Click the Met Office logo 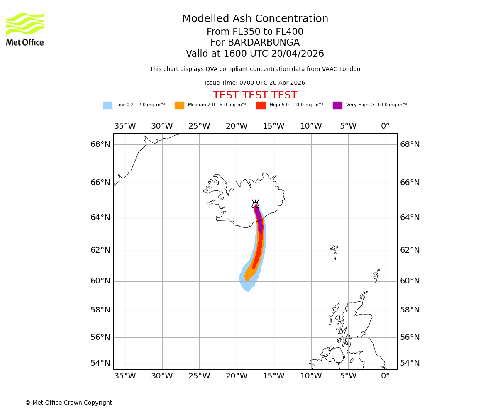tap(25, 29)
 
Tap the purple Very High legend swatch tap(337, 105)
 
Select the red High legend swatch tap(261, 105)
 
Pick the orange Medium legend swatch tap(179, 105)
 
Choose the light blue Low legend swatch tap(107, 105)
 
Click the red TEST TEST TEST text tap(255, 95)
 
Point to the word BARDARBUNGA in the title tap(264, 43)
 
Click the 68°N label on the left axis tap(100, 144)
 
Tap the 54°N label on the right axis tap(410, 363)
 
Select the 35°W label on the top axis tap(125, 126)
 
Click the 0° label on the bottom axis tap(385, 376)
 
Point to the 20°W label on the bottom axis tap(237, 376)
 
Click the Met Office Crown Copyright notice tap(68, 403)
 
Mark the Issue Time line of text tap(255, 83)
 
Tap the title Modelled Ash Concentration tap(255, 19)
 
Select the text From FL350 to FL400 tap(255, 32)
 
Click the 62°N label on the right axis tap(410, 250)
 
